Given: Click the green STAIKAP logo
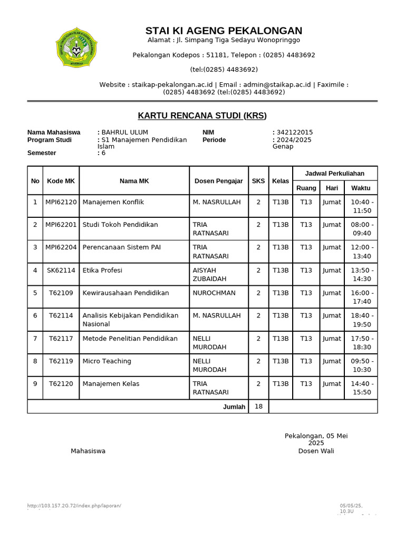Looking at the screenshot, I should [x=77, y=48].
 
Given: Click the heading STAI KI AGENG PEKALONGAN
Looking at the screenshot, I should [x=224, y=31].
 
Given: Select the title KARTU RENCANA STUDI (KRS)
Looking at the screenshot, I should [x=202, y=115].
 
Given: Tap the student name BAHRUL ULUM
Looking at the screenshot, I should [x=125, y=132].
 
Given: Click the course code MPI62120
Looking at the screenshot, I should [x=61, y=202].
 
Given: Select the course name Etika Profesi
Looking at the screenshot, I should [x=102, y=271].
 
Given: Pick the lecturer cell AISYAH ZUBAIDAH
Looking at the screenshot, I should [x=209, y=274].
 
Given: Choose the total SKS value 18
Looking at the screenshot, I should [x=258, y=407].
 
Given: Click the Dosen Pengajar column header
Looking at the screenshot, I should [x=218, y=181].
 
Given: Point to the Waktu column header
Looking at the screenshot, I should [x=361, y=188].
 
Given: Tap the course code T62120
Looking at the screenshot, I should [x=61, y=384].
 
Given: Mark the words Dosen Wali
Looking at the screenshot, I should [x=316, y=451].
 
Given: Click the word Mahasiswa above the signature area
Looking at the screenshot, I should [x=88, y=451].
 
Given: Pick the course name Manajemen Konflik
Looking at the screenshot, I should [x=113, y=202].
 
